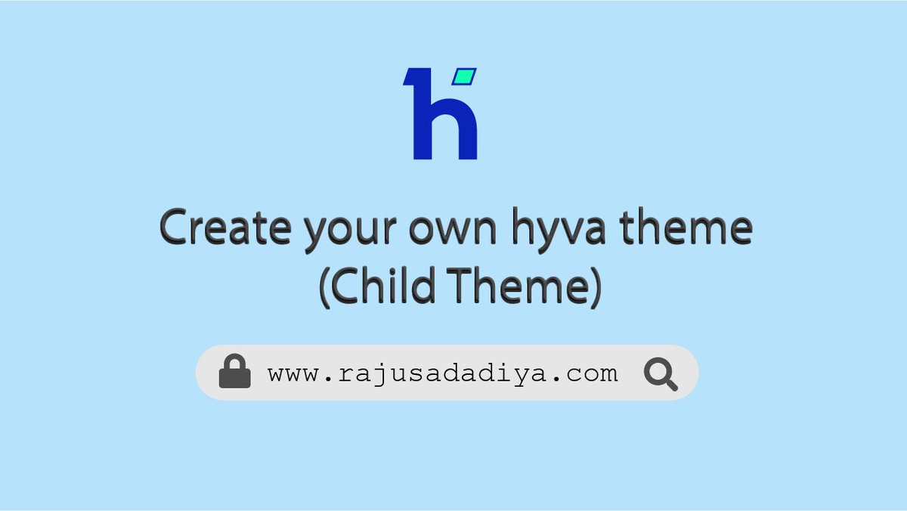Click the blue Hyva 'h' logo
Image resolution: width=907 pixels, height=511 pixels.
[x=440, y=115]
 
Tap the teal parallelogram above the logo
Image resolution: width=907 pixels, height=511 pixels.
[x=466, y=76]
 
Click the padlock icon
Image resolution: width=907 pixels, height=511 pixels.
[x=234, y=372]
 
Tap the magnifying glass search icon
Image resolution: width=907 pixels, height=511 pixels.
[x=660, y=373]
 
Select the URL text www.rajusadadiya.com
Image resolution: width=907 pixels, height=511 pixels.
[x=443, y=373]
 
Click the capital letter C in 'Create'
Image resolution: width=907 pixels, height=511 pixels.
[x=175, y=228]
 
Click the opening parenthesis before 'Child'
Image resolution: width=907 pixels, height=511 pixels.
[x=325, y=289]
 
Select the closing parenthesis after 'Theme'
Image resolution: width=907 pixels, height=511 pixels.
[x=595, y=289]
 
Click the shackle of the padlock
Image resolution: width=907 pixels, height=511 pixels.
[x=234, y=361]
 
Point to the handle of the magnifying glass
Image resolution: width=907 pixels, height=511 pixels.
[x=670, y=383]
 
